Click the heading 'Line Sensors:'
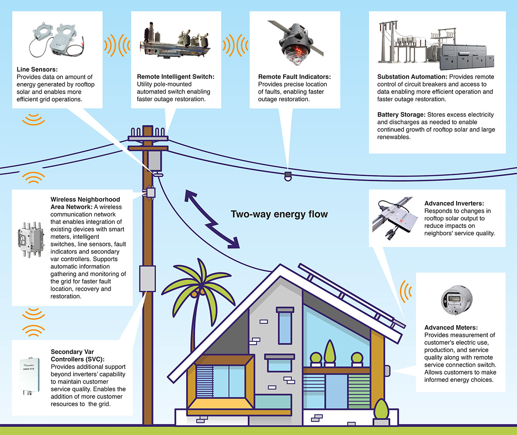coord(37,69)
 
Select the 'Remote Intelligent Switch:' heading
coord(176,77)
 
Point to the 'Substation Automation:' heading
coord(412,77)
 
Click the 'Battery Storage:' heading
coord(401,114)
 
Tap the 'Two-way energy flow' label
coord(279,214)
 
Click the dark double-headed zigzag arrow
coord(212,220)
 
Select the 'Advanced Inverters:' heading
coord(454,203)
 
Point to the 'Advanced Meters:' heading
coord(451,327)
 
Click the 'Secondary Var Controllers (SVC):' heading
coord(77,355)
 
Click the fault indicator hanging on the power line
coord(288,176)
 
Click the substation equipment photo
coord(436,46)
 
